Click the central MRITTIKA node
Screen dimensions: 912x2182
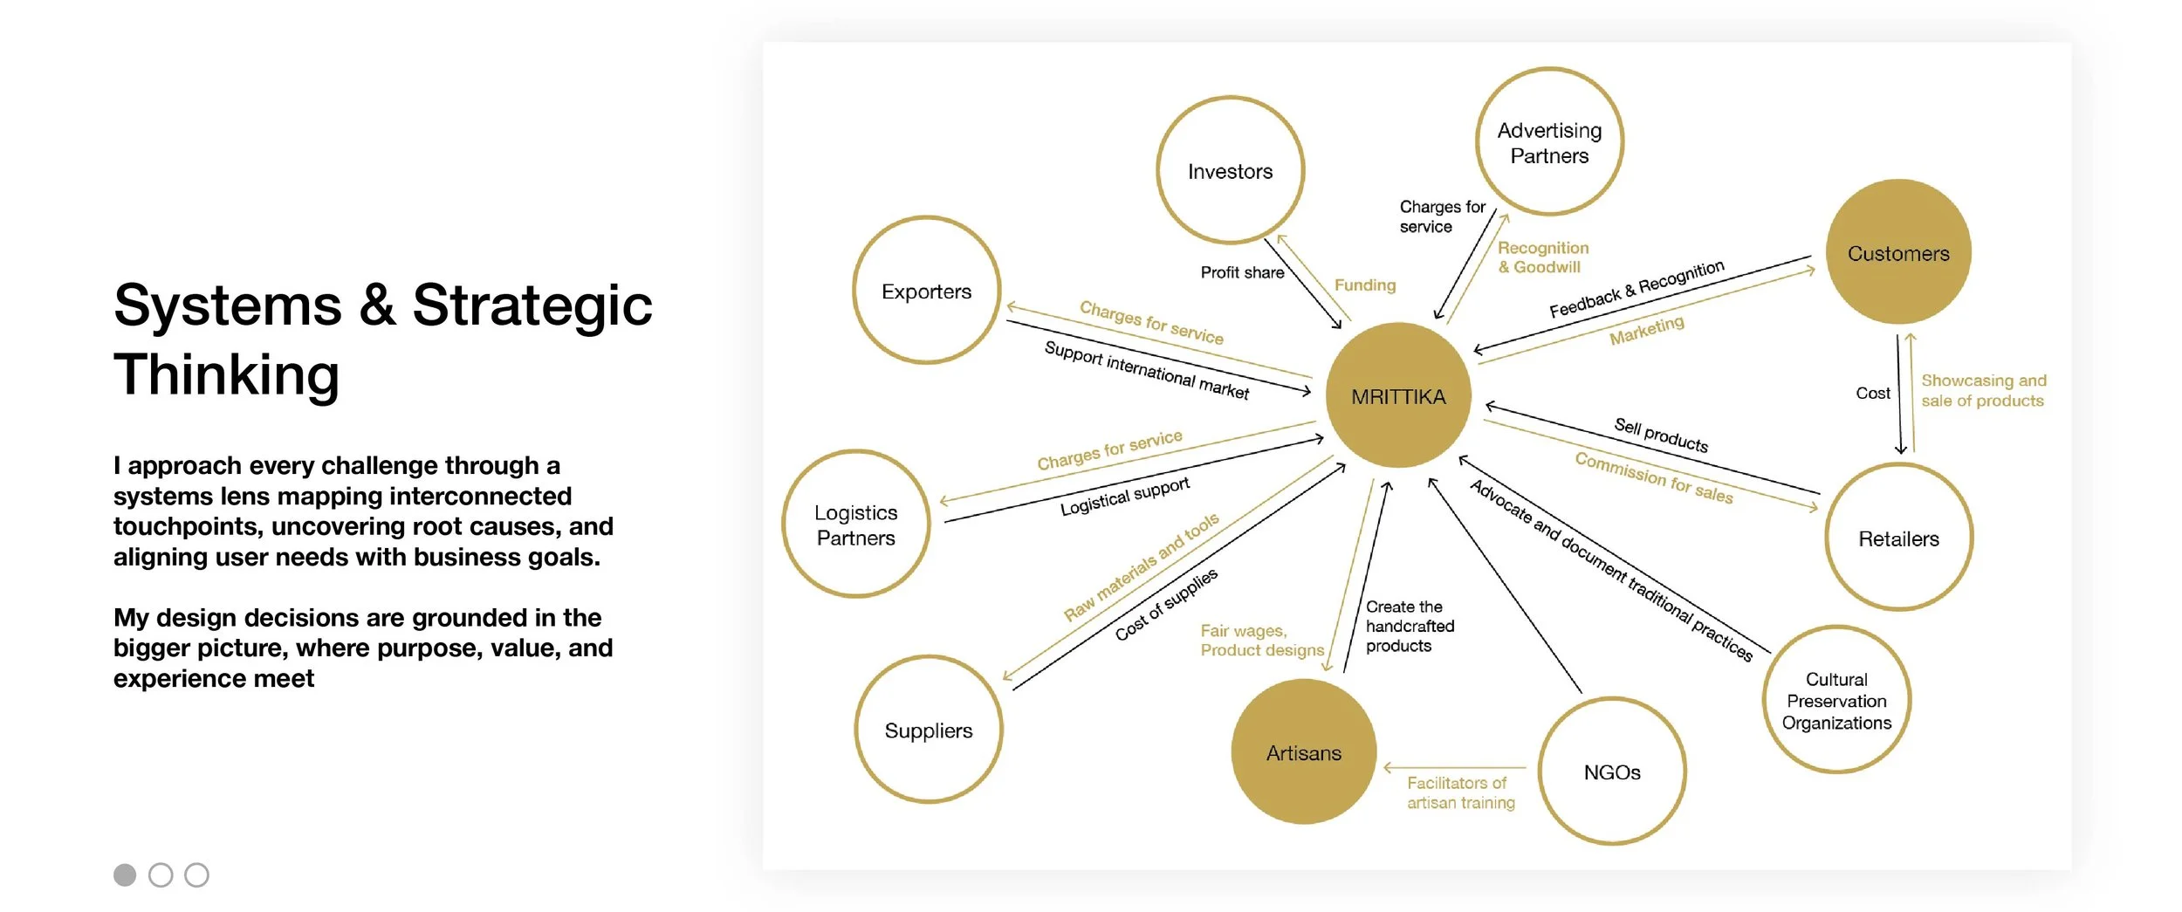pos(1398,395)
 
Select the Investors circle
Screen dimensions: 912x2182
pos(1230,170)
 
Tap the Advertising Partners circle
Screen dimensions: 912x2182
pos(1549,142)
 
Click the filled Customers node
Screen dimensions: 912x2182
pos(1898,253)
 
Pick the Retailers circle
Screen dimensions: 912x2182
pos(1898,538)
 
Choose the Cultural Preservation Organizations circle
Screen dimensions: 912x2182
pos(1836,700)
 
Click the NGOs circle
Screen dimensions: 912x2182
pos(1612,771)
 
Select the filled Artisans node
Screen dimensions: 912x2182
pos(1304,752)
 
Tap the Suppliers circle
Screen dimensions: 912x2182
pos(929,730)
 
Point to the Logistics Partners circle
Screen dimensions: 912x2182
pos(856,525)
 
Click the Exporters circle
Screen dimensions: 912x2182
pos(926,291)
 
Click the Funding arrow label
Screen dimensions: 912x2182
pos(1365,285)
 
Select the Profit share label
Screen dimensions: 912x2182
pos(1242,272)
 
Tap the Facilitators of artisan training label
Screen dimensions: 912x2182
pos(1460,792)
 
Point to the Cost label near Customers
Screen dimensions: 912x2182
pos(1873,394)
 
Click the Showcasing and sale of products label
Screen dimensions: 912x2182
pos(1983,390)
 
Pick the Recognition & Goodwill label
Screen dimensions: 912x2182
pos(1543,257)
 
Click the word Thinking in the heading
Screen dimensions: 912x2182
pos(227,374)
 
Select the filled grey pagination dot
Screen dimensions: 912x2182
pos(125,874)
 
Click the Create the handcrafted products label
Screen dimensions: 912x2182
pos(1410,626)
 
